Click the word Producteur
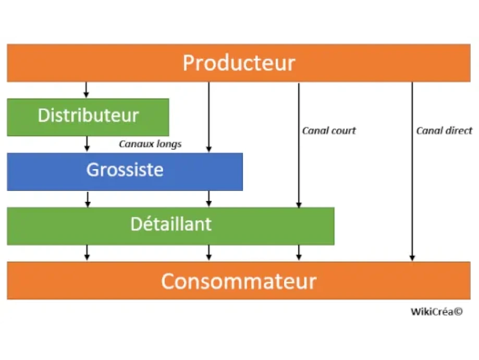point(239,63)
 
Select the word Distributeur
point(88,115)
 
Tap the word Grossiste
point(125,170)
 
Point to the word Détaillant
point(170,224)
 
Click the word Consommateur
point(238,281)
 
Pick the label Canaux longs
point(150,143)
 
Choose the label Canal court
point(329,130)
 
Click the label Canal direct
point(444,130)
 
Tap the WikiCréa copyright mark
point(436,311)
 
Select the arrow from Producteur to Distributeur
point(87,90)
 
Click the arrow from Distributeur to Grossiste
point(87,144)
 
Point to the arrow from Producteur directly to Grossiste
point(209,117)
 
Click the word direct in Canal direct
point(459,130)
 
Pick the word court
point(343,130)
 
